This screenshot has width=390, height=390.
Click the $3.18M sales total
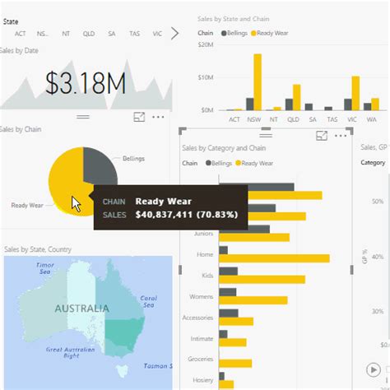86,83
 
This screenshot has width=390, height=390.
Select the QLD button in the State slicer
89,34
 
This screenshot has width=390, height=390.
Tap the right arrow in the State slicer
174,33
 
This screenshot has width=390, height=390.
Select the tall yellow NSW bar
258,81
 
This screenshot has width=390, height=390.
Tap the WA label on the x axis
371,119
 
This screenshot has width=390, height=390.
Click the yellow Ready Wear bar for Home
275,258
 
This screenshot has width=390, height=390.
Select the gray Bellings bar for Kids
229,272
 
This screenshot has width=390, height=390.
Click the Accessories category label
197,318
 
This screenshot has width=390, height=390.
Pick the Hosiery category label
202,380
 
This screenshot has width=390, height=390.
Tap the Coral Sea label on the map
148,300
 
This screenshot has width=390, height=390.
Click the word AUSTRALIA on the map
81,309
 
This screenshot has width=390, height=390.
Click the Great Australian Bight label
63,352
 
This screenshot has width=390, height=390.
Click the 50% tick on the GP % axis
376,201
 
